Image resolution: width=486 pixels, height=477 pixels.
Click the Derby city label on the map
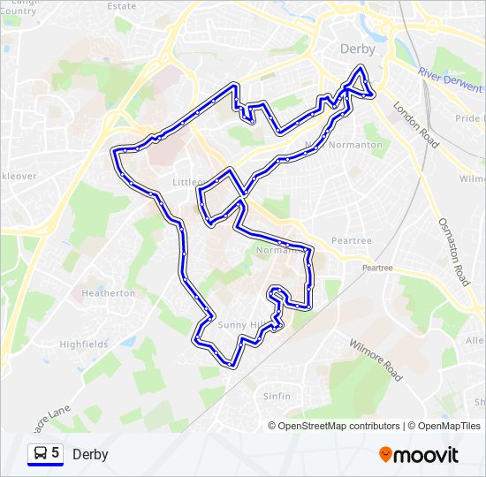coord(358,49)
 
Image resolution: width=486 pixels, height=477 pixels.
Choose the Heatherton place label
coord(108,292)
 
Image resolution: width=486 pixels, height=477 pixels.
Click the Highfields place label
coord(83,344)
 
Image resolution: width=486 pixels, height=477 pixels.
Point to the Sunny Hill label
coord(240,325)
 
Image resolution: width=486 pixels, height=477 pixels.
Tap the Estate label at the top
coord(122,5)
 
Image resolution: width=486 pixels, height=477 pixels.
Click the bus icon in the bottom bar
coord(40,453)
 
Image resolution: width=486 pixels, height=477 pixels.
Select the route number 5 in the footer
coord(56,453)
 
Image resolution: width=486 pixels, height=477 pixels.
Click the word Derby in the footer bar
coord(90,454)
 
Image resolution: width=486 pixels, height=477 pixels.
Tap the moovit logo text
coord(428,455)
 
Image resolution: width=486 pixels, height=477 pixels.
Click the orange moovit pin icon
coord(386,455)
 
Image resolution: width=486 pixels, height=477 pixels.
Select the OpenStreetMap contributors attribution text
coord(338,426)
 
